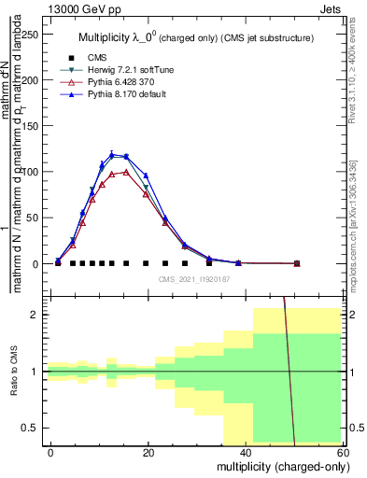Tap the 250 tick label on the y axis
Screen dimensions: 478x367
pyautogui.click(x=29, y=35)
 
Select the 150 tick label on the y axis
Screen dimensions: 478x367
pyautogui.click(x=29, y=126)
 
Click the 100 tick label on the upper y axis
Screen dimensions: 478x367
pyautogui.click(x=29, y=172)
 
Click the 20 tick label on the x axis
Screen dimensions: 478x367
pyautogui.click(x=147, y=452)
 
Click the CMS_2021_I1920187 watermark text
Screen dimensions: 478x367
pyautogui.click(x=194, y=278)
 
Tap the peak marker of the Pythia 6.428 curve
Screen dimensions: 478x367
pyautogui.click(x=126, y=172)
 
